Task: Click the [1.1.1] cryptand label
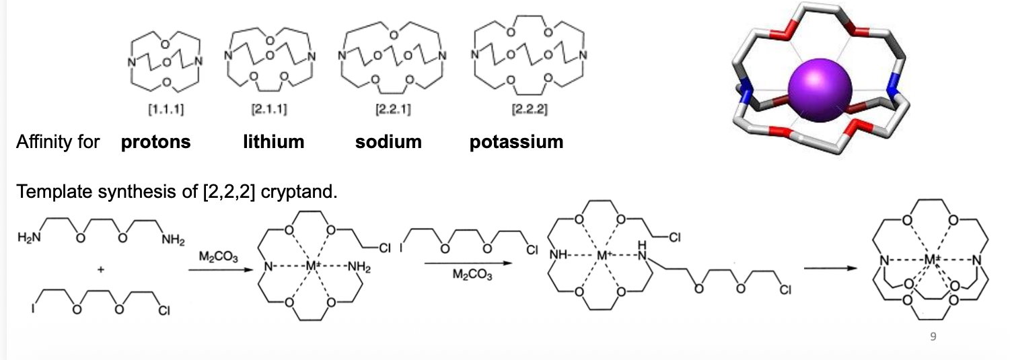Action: (x=166, y=109)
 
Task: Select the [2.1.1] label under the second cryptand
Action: (x=268, y=109)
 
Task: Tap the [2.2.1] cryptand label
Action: (x=393, y=109)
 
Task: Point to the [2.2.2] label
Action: (x=530, y=109)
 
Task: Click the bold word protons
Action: (x=156, y=142)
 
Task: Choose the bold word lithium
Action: (x=274, y=142)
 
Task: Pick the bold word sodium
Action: (x=389, y=142)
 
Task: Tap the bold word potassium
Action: (x=516, y=142)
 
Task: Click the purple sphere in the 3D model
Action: (x=820, y=90)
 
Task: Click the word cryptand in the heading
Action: (x=299, y=192)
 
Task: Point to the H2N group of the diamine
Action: (x=29, y=238)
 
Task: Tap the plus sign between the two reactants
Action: (x=100, y=270)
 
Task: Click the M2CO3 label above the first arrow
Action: (x=218, y=257)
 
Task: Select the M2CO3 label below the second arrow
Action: (x=472, y=275)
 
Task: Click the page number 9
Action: (x=933, y=336)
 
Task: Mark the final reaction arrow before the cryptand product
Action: (x=830, y=268)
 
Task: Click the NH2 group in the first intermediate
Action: (x=359, y=267)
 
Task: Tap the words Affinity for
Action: (x=58, y=142)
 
